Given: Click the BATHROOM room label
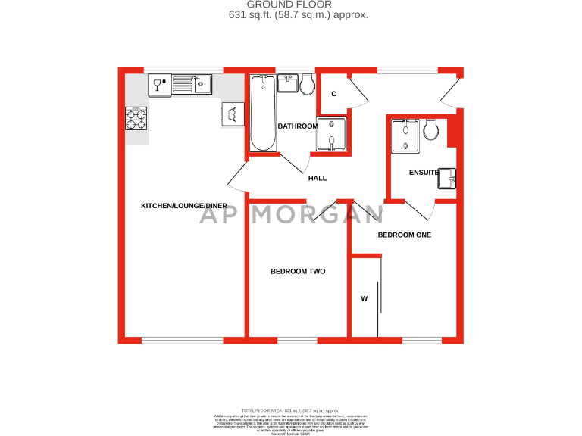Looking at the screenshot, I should (x=297, y=126).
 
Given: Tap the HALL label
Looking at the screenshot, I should (x=317, y=178).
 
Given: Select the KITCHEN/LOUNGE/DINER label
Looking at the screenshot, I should (x=184, y=206).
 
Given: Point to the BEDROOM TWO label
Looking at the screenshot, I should (x=298, y=271).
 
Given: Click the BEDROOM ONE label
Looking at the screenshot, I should (x=405, y=235).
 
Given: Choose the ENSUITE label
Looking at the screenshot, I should (x=424, y=172).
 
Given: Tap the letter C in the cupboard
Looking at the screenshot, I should (x=333, y=94).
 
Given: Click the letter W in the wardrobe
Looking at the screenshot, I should (x=364, y=299).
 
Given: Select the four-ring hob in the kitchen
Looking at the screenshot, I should (x=136, y=119).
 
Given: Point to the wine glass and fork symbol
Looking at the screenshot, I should (x=159, y=84).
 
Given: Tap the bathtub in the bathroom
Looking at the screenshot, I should (x=262, y=113).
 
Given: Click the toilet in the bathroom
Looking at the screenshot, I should (x=308, y=84).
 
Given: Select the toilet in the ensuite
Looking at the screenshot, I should (x=431, y=130).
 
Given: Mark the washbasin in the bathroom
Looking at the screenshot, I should (x=288, y=83).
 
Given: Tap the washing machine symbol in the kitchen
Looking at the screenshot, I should (x=232, y=114).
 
